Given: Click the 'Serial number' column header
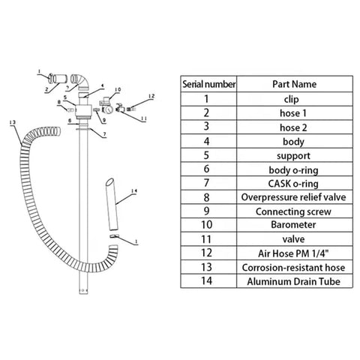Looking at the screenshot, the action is coord(208,84).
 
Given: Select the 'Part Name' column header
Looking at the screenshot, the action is coord(294,84).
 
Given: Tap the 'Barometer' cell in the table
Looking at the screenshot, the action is coord(293,225).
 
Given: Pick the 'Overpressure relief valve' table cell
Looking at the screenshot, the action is coord(293,197).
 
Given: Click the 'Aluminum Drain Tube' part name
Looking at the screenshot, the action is coord(293,281).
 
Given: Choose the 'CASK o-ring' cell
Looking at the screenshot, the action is coord(293,184).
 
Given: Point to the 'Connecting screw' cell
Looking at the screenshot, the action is coord(293,211).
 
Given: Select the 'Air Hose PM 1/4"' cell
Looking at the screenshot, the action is coord(293,253).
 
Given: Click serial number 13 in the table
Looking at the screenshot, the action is coord(206,267).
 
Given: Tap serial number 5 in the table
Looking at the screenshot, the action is coord(206,155).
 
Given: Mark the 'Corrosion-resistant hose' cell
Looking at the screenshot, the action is coord(293,268).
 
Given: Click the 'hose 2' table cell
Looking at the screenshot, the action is coord(293,127).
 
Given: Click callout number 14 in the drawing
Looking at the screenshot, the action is coord(134,191).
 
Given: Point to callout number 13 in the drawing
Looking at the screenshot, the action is coord(13,122).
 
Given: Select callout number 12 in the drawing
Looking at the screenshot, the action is coord(151,96).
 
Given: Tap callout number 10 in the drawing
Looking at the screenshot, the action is coord(118,89).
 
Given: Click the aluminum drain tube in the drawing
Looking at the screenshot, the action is coord(112,204).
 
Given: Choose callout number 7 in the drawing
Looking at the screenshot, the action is coord(105,134).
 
